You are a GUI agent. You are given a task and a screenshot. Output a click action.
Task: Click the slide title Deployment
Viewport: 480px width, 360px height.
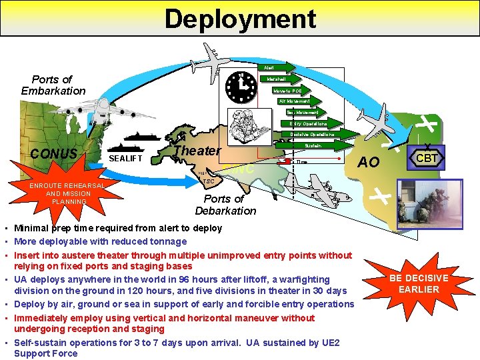pyautogui.click(x=240, y=18)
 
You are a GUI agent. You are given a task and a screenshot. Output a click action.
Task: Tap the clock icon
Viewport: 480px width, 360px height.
pyautogui.click(x=241, y=86)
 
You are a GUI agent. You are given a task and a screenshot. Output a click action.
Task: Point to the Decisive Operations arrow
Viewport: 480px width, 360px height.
pyautogui.click(x=311, y=134)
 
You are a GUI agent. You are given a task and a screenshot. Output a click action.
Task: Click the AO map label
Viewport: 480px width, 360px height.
pyautogui.click(x=369, y=163)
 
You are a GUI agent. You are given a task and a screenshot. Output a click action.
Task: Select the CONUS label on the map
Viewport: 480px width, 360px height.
pyautogui.click(x=53, y=154)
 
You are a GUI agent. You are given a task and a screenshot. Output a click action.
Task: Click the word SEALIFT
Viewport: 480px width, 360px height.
pyautogui.click(x=125, y=159)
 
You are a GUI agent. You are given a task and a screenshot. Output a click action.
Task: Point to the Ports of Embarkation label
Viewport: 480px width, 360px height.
pyautogui.click(x=53, y=85)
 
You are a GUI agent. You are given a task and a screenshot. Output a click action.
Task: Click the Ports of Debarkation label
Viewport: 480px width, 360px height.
pyautogui.click(x=225, y=205)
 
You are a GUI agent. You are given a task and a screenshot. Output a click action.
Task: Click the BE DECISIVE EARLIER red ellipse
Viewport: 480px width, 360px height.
pyautogui.click(x=419, y=283)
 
